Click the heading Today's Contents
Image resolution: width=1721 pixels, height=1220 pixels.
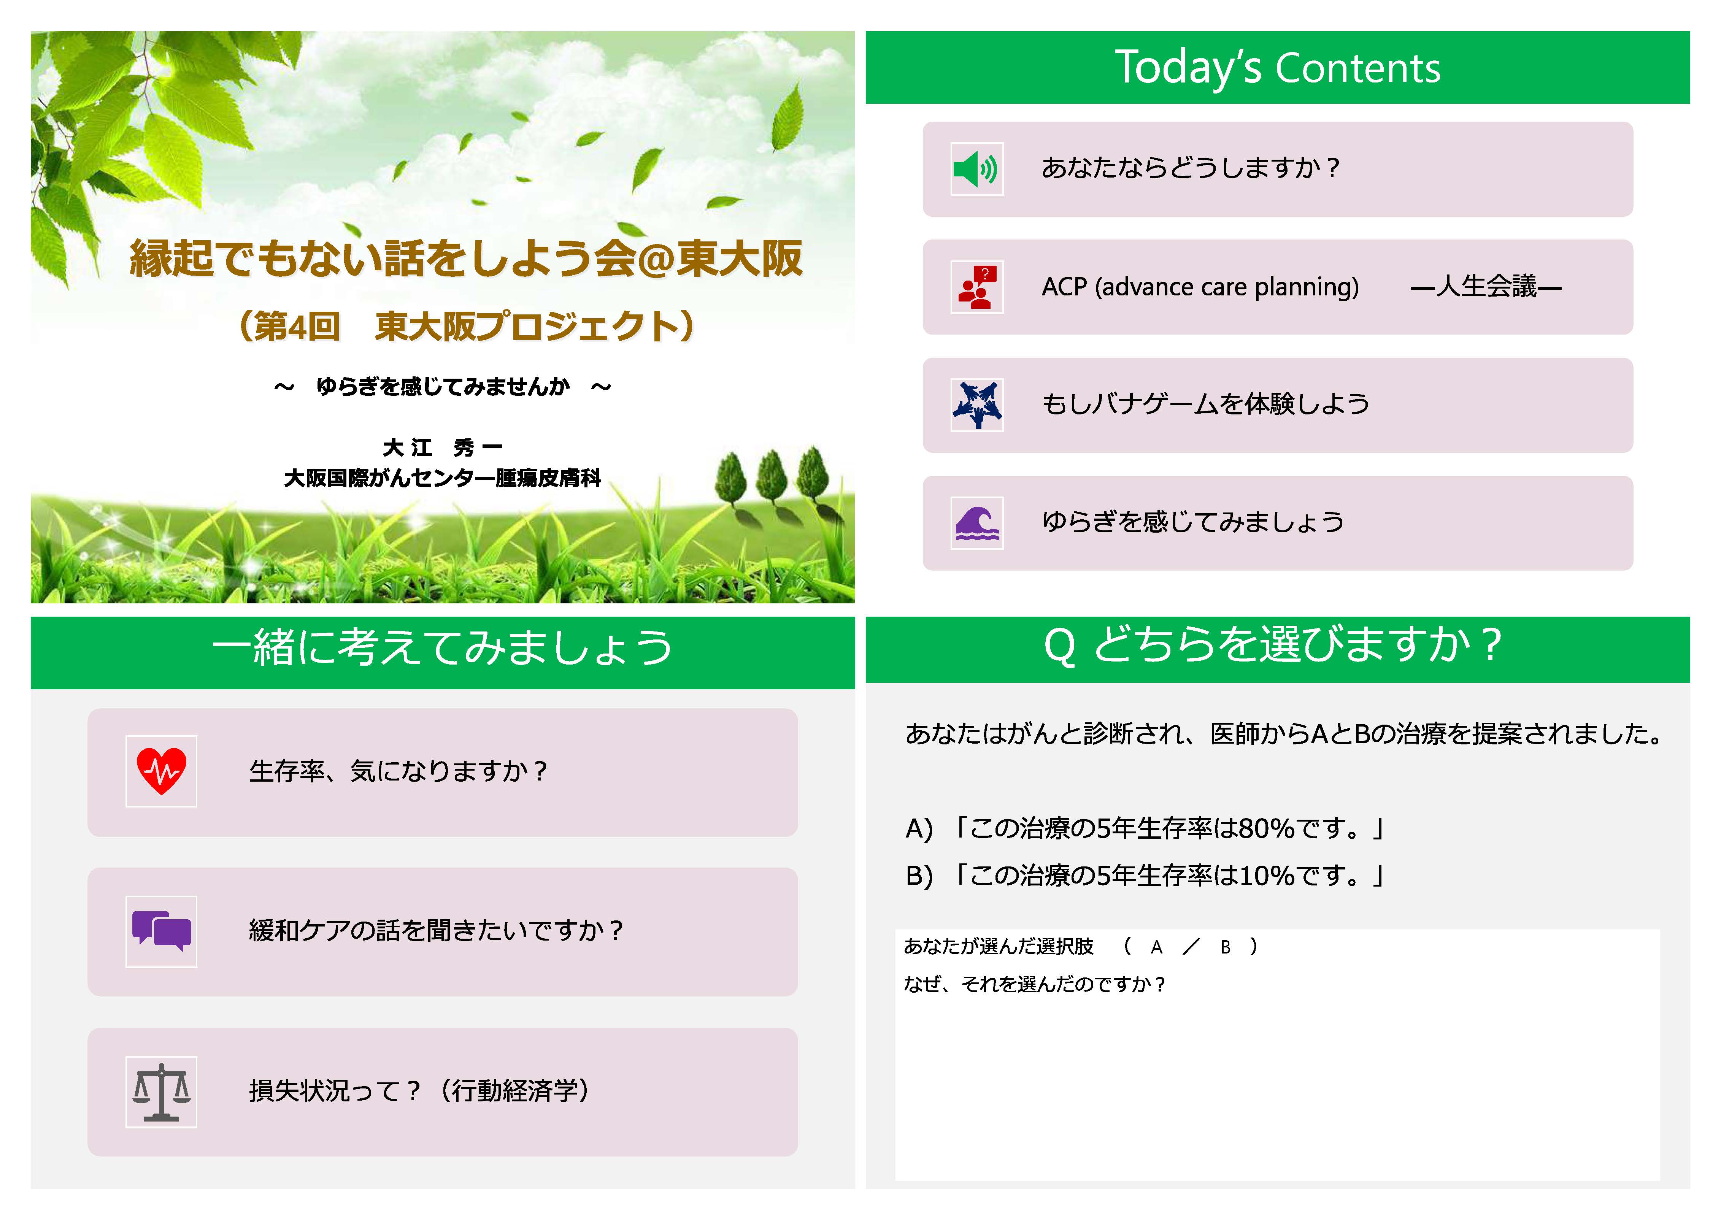(x=1277, y=68)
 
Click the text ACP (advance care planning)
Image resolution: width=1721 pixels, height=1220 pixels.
(x=1200, y=287)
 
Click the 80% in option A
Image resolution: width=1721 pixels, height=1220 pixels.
(x=1266, y=829)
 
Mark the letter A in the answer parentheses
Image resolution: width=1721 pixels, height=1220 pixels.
(x=1156, y=947)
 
